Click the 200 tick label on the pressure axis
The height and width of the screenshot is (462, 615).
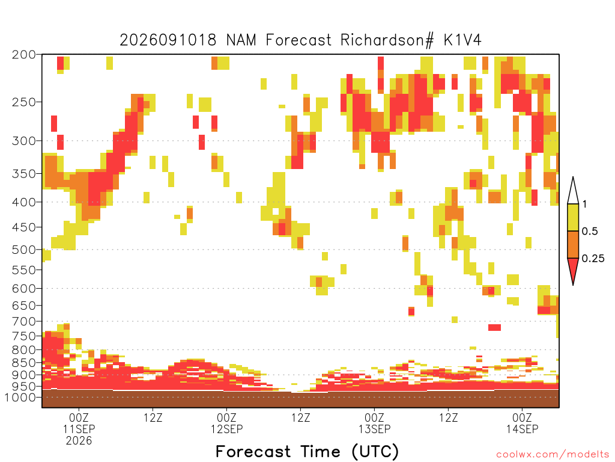point(23,55)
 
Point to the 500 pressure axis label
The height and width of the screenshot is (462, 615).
point(23,250)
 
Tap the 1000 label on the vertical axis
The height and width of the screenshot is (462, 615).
point(20,398)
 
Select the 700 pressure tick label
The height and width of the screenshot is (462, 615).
point(23,322)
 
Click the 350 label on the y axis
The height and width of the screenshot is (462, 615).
point(23,174)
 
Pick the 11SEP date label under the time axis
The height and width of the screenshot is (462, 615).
point(79,429)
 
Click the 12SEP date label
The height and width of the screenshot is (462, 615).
point(226,429)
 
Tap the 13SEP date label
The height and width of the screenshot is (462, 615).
point(375,429)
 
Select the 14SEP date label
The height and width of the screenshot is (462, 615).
point(522,429)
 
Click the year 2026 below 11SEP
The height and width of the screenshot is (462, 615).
point(79,441)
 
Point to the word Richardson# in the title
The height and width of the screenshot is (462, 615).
point(387,40)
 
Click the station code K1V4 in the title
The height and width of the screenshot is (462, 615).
point(462,40)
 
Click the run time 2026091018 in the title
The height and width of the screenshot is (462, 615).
point(168,40)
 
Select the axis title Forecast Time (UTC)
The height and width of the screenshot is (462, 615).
point(307,452)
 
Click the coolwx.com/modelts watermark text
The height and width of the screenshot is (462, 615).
point(553,455)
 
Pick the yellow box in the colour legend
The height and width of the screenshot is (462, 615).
point(573,217)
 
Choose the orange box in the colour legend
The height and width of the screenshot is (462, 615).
point(573,244)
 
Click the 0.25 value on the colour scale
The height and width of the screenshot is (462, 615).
point(593,259)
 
